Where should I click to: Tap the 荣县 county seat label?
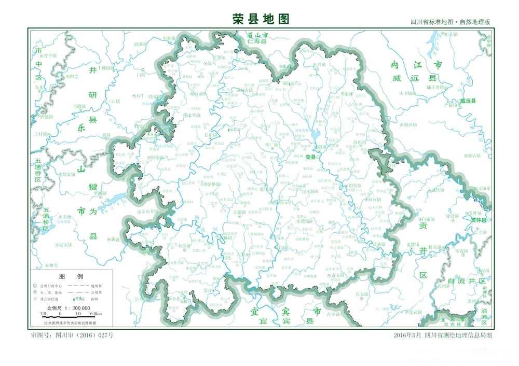tap(310, 157)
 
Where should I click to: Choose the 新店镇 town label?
tap(473, 156)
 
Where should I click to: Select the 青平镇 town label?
tap(50, 55)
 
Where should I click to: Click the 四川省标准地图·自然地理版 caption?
tap(449, 22)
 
